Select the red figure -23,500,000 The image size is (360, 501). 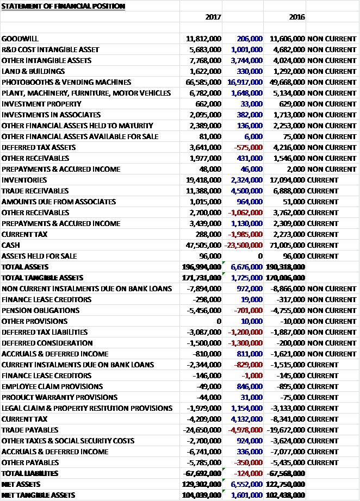[244, 245]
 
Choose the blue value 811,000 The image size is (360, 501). [249, 354]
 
